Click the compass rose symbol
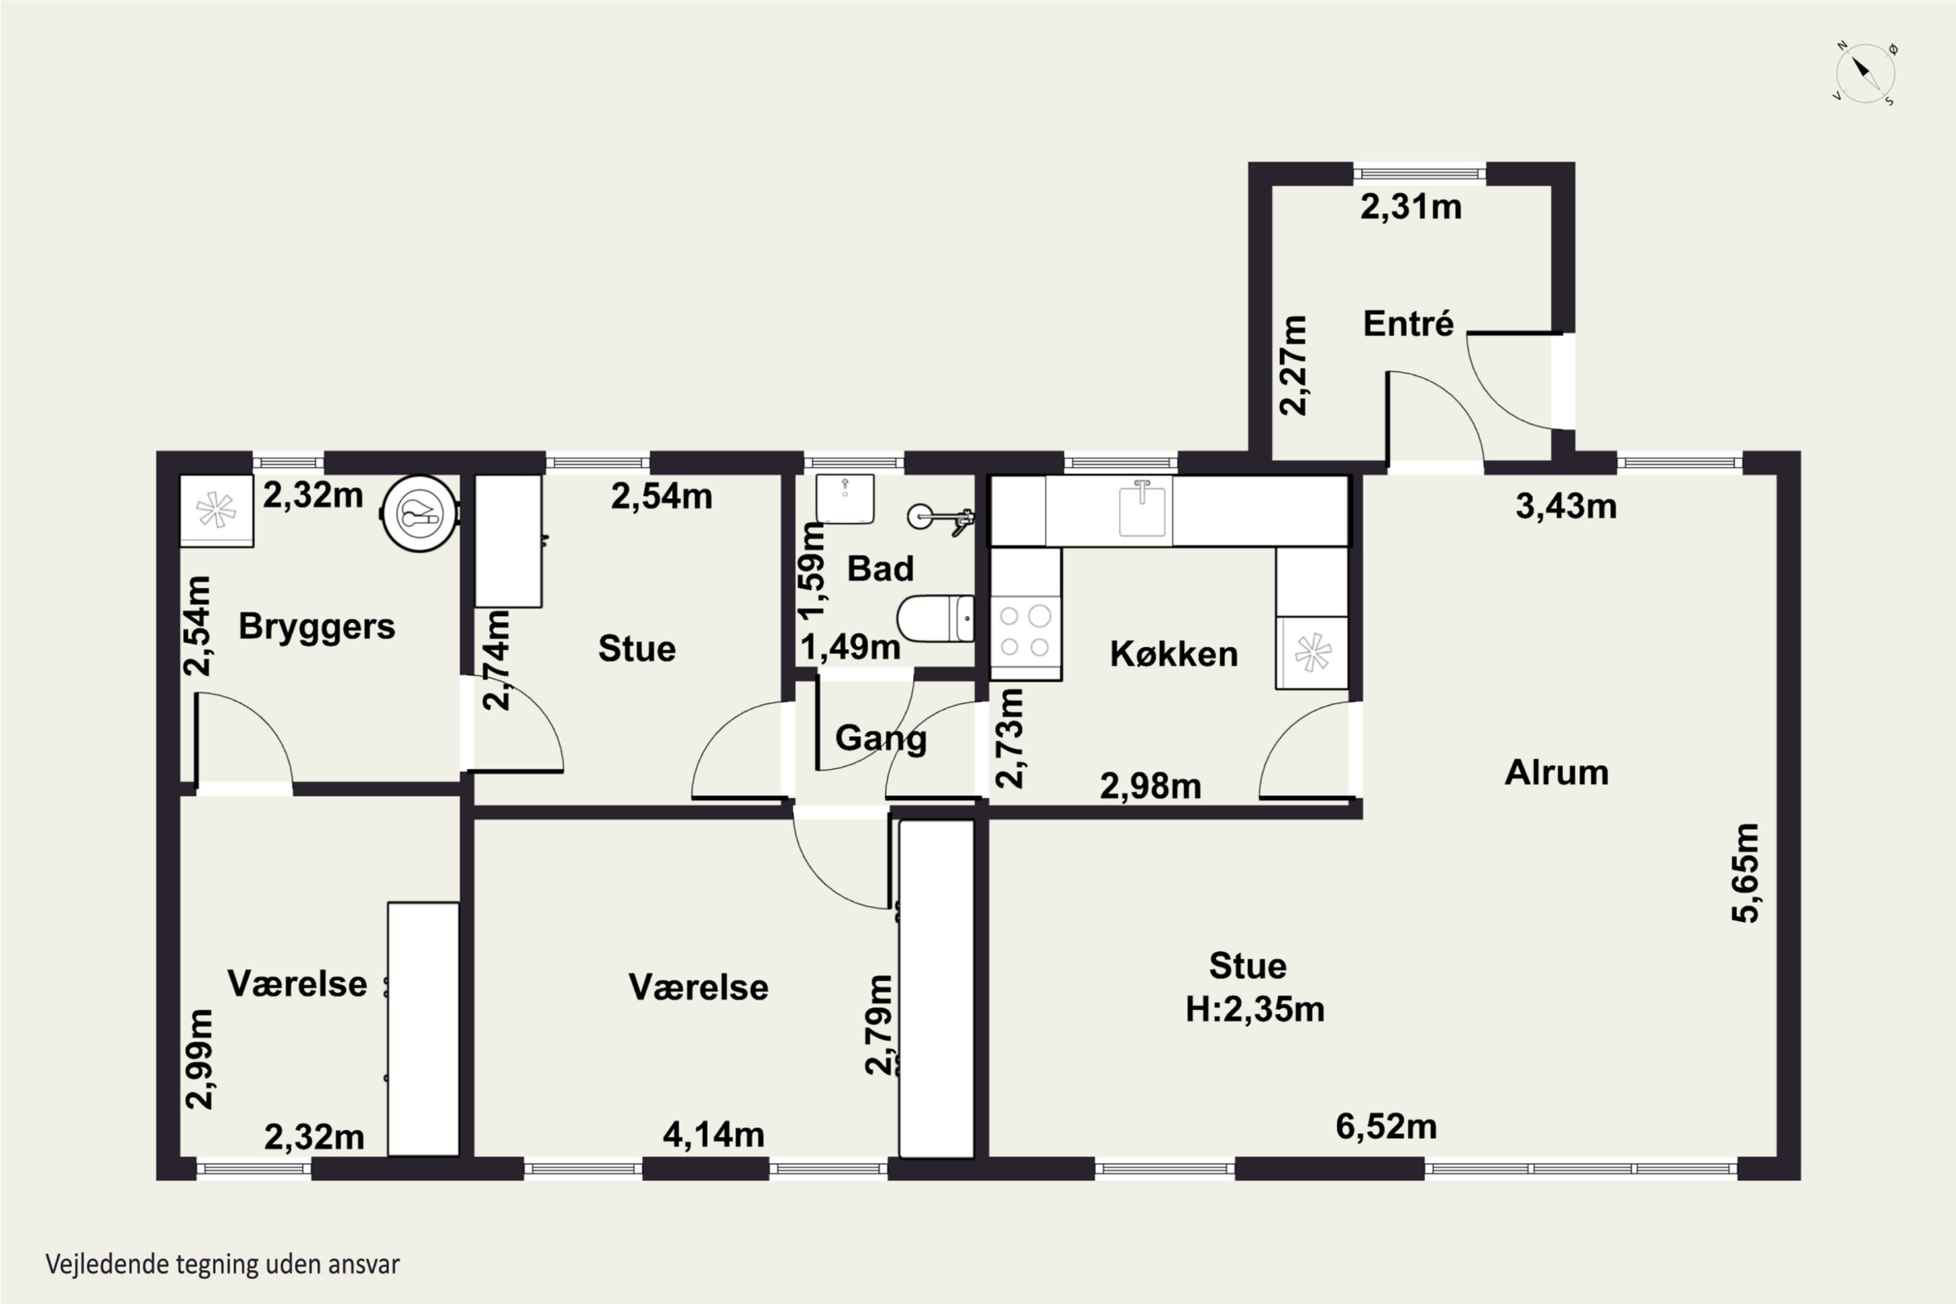pyautogui.click(x=1865, y=73)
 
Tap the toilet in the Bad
pyautogui.click(x=936, y=618)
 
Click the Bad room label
pyautogui.click(x=880, y=569)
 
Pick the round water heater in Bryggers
pyautogui.click(x=419, y=513)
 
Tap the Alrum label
pyautogui.click(x=1556, y=773)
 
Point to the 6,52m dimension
pyautogui.click(x=1386, y=1126)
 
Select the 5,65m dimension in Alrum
pyautogui.click(x=1745, y=872)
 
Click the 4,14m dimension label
pyautogui.click(x=713, y=1134)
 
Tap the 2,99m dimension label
pyautogui.click(x=200, y=1059)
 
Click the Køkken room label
pyautogui.click(x=1174, y=655)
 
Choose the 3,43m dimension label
pyautogui.click(x=1566, y=506)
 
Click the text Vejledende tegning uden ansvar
pyautogui.click(x=223, y=1265)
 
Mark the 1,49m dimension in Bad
pyautogui.click(x=850, y=647)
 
